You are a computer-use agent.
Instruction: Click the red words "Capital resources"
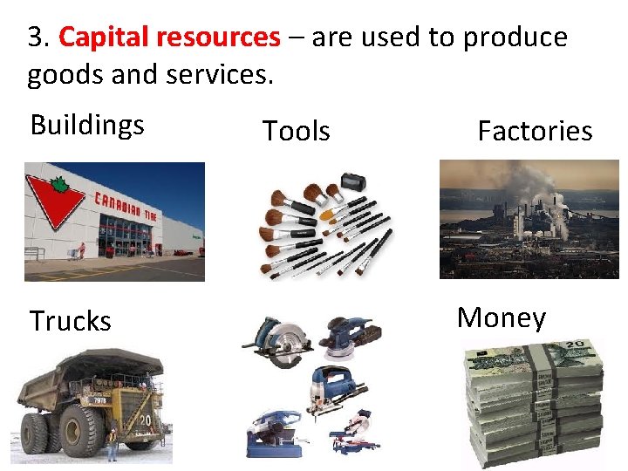(x=169, y=38)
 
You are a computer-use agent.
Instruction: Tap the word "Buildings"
(x=87, y=125)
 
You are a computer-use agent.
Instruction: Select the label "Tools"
(x=297, y=131)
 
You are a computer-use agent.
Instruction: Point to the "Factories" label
(x=535, y=131)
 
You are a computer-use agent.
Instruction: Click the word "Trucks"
(x=71, y=321)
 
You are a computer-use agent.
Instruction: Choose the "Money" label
(x=502, y=317)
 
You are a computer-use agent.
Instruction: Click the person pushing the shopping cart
(x=83, y=251)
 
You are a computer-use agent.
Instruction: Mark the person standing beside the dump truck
(x=111, y=442)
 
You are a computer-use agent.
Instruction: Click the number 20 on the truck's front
(x=145, y=420)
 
